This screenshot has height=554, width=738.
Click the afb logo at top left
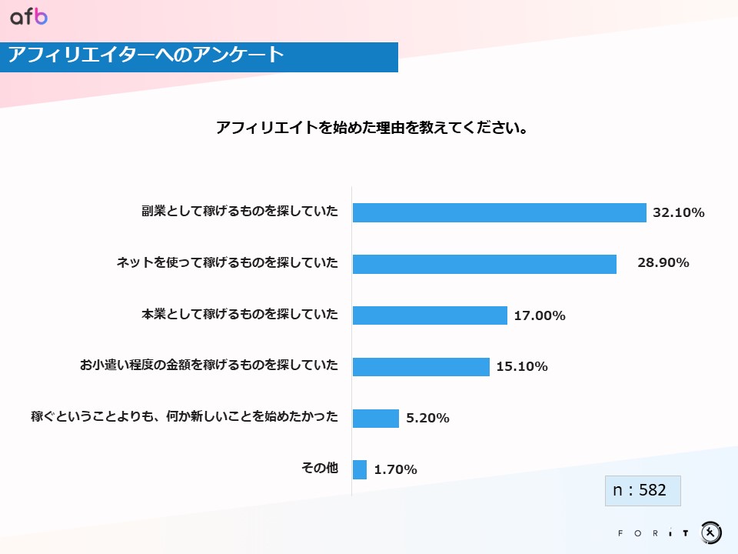click(28, 17)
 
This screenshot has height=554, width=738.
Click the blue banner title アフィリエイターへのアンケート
click(146, 56)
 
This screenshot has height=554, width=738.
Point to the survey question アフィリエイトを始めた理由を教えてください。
click(371, 128)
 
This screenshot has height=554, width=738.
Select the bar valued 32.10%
click(499, 213)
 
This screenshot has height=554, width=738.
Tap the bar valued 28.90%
click(484, 264)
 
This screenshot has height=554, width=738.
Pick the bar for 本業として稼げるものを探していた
click(430, 315)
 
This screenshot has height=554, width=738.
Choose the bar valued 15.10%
click(421, 366)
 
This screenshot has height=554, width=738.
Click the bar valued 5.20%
click(375, 418)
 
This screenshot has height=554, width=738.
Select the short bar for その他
click(359, 469)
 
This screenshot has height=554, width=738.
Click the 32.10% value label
click(678, 213)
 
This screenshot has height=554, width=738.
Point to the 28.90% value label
click(663, 262)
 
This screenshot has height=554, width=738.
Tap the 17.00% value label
click(540, 315)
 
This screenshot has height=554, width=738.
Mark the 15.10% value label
click(522, 366)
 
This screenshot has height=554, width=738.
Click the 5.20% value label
click(427, 418)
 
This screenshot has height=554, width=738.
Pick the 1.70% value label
click(395, 469)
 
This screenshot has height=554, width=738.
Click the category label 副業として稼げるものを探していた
click(239, 212)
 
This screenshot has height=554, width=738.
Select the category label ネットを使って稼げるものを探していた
click(227, 263)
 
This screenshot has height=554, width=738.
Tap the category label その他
click(319, 467)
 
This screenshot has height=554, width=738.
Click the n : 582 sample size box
click(643, 490)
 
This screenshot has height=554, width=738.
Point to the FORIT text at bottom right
click(653, 532)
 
